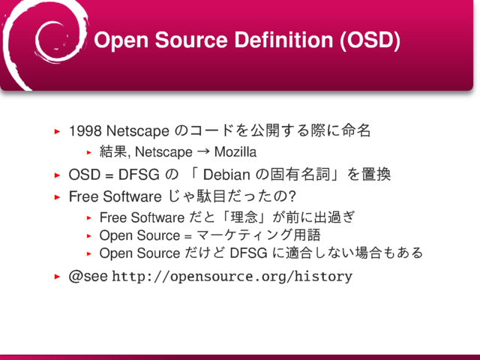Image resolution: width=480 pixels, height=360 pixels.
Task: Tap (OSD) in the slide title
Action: [x=370, y=40]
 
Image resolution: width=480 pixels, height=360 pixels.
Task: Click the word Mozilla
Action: [x=235, y=151]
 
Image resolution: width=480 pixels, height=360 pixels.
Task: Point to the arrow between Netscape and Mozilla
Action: [x=203, y=151]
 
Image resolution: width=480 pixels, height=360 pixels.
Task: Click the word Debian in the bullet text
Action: [x=226, y=175]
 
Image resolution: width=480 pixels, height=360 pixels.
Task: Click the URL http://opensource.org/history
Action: [x=232, y=277]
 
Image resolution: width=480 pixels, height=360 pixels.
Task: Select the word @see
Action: [x=88, y=276]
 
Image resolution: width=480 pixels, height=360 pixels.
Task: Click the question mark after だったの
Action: [x=292, y=196]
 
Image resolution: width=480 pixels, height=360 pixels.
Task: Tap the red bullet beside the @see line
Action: [x=57, y=277]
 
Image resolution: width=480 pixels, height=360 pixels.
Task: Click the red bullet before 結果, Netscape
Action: [x=89, y=152]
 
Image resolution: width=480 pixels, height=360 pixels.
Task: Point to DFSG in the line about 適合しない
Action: [x=248, y=253]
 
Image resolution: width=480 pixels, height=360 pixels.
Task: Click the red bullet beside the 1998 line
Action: [x=57, y=132]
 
